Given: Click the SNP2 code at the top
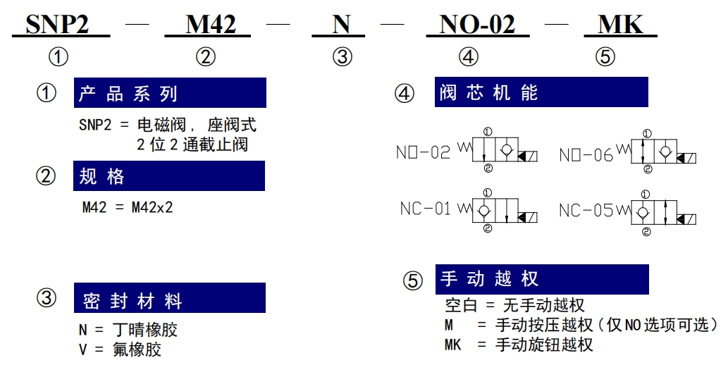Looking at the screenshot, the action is [57, 24].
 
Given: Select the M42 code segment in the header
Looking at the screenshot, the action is [211, 24].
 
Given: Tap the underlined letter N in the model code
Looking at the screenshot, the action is [341, 24].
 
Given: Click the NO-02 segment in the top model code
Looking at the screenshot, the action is [477, 24].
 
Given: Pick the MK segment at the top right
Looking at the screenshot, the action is [620, 24].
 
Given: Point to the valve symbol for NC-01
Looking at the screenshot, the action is [498, 211].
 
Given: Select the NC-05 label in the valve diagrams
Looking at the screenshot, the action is [586, 211].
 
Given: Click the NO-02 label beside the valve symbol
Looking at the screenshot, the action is [423, 152].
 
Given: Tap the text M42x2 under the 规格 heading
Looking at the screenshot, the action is [152, 207].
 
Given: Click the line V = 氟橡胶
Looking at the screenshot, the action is [121, 349].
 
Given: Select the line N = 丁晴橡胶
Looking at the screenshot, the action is [128, 330].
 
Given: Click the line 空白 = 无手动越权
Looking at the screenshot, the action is [514, 305].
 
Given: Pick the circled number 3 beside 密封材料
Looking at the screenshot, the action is [47, 297].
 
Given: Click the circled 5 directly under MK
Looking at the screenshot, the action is [605, 56].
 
